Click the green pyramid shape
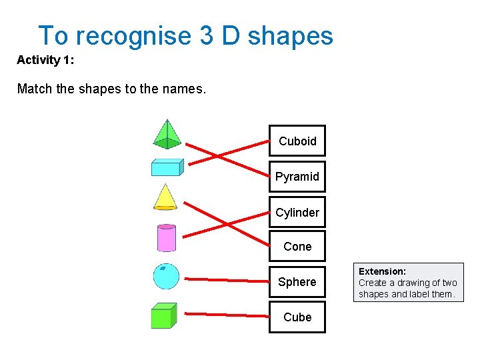[167, 134]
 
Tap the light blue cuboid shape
[167, 167]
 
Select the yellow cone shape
[164, 197]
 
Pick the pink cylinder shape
[166, 237]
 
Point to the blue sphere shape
[166, 276]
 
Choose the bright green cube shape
[163, 316]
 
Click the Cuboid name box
[297, 141]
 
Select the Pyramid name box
[297, 177]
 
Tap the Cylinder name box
[297, 213]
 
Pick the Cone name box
[297, 247]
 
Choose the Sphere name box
[297, 282]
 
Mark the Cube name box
[297, 317]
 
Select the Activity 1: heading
[45, 60]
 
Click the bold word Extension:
[382, 271]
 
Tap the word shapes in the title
[290, 35]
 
